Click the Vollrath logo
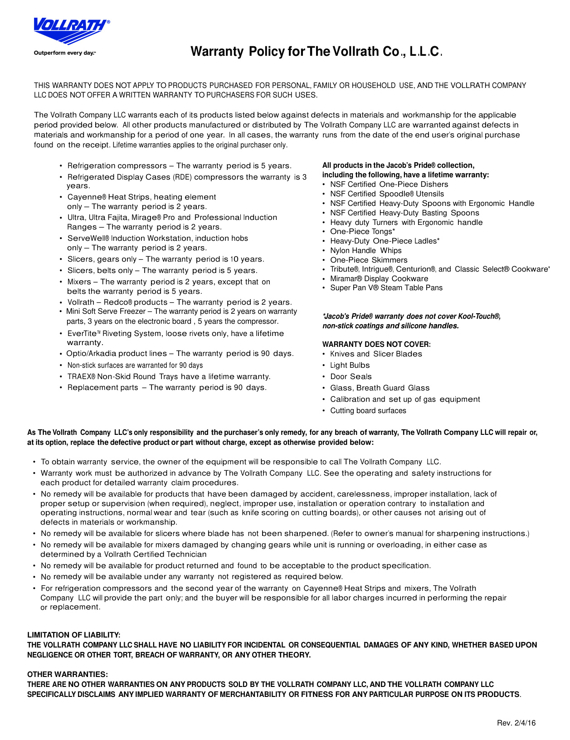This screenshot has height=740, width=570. pos(71,31)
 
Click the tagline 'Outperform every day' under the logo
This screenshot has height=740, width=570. pos(64,53)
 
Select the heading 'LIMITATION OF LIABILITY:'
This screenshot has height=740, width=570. pos(73,635)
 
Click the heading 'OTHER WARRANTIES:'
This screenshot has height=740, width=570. pos(68,674)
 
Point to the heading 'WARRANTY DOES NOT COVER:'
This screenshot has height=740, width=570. pos(376,344)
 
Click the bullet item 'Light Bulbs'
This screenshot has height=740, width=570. pos(350,365)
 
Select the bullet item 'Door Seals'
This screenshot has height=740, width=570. pos(351,376)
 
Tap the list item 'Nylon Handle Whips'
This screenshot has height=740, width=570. pos(365,250)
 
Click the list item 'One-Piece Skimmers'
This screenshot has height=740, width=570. pos(368,260)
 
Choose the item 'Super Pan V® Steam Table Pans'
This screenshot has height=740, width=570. pos(386,287)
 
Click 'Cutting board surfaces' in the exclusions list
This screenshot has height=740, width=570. pos(368,410)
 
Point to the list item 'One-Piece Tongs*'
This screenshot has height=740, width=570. pos(362,231)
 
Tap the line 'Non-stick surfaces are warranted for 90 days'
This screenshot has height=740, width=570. pos(135,365)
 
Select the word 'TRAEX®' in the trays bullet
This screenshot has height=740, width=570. pos(81,376)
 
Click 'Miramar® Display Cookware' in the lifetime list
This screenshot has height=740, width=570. pos(379,278)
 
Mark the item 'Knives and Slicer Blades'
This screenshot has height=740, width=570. pos(375,354)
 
